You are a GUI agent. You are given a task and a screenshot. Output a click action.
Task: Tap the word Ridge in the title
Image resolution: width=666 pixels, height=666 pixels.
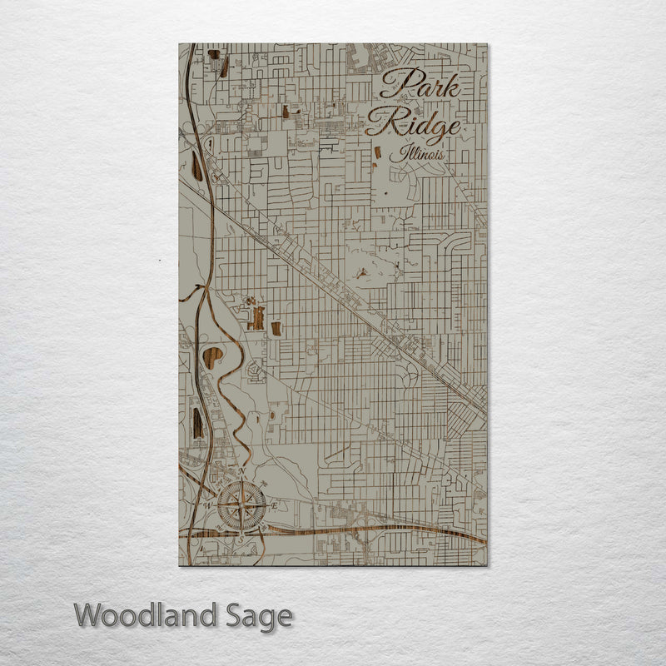click(413, 126)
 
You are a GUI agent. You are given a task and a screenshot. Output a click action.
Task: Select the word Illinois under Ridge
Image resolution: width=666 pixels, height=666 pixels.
click(421, 155)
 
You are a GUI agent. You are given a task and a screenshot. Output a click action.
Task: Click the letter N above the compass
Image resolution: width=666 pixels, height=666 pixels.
click(241, 472)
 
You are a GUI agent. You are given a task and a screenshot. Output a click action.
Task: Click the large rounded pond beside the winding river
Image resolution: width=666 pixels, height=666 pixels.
click(213, 358)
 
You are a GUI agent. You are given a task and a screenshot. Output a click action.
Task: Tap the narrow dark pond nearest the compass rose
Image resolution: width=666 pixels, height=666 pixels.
click(197, 423)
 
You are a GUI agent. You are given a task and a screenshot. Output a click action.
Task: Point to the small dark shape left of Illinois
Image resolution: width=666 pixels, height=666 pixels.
click(377, 153)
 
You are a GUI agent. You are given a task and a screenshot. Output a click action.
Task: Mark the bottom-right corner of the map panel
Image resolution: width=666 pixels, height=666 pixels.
click(487, 564)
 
